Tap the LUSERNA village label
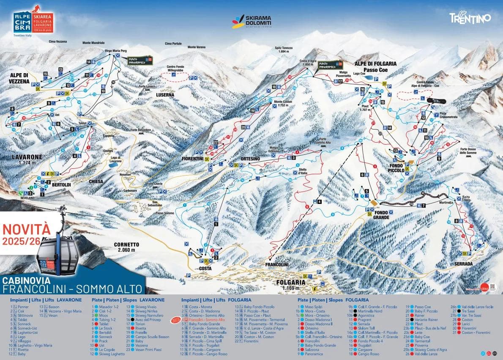(165, 95)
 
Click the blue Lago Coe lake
(369, 78)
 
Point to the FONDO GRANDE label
(381, 214)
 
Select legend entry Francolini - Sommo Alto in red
(206, 320)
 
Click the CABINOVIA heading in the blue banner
(26, 280)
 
